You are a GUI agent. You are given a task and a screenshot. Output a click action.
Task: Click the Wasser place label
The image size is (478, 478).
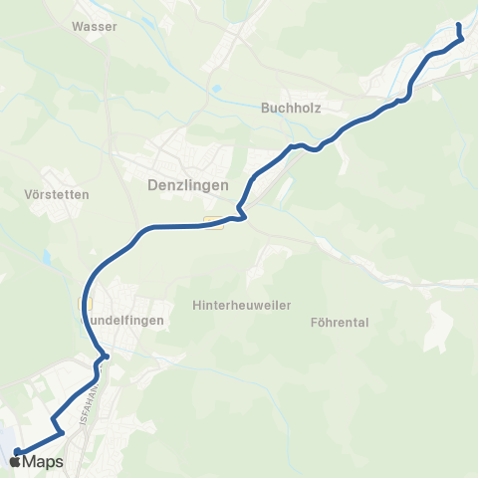coord(95,27)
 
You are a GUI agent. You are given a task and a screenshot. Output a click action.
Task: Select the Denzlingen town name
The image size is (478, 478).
coord(187,185)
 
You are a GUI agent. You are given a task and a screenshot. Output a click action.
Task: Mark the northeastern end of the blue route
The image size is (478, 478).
coord(458,25)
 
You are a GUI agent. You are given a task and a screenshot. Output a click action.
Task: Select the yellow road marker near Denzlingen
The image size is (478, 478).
coord(213,222)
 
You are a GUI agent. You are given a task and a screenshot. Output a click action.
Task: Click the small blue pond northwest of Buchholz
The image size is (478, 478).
coord(215,89)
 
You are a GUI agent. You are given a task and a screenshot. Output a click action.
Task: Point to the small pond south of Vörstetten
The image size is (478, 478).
coord(47,257)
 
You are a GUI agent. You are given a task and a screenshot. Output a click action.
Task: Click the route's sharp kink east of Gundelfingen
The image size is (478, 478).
coord(105,356)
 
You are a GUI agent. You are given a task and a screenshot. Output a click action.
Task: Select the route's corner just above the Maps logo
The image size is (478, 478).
coord(62,432)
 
